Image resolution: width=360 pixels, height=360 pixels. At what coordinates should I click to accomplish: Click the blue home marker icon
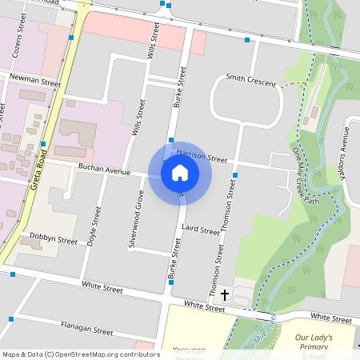(x=180, y=172)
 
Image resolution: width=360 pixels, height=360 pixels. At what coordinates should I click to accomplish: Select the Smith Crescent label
(x=250, y=80)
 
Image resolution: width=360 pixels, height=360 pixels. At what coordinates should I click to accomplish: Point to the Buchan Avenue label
(x=103, y=170)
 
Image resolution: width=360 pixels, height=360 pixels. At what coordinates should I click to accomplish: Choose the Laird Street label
(x=200, y=230)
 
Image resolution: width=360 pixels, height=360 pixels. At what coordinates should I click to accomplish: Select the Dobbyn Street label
(x=54, y=240)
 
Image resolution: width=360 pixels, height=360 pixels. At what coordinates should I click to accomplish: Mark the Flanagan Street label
(x=87, y=328)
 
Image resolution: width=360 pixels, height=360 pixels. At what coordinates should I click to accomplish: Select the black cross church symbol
(x=224, y=295)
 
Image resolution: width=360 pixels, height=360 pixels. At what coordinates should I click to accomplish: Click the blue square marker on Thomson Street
(x=235, y=174)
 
